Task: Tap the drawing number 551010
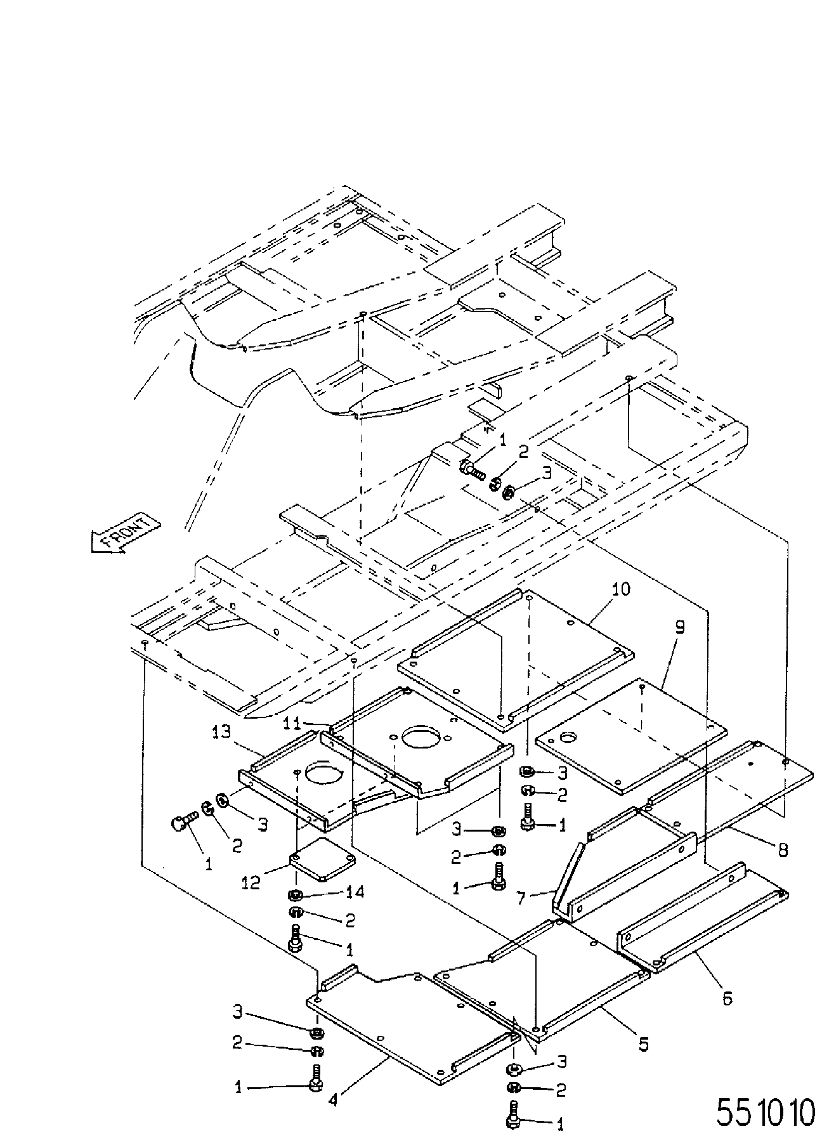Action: [x=765, y=1111]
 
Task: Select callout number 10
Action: [x=621, y=589]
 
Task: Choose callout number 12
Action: [x=251, y=882]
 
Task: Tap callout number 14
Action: [x=355, y=892]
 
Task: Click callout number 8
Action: [x=783, y=849]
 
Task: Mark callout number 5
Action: [x=644, y=1044]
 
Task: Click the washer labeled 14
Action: [x=294, y=895]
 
